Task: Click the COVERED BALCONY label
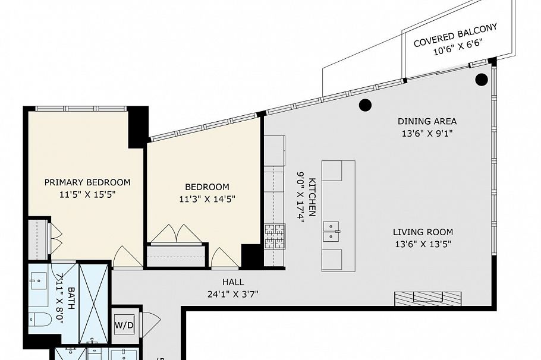pos(455,35)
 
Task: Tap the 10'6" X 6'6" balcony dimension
pos(456,48)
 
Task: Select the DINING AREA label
pos(427,122)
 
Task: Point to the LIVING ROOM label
pos(423,232)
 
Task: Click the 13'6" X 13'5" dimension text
pos(423,244)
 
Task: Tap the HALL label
pos(232,282)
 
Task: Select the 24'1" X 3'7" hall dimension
pos(232,293)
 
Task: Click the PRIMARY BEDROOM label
pos(87,182)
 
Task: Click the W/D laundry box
pos(124,325)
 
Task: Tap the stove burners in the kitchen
pos(274,235)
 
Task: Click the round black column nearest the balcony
pos(480,80)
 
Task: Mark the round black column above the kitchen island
pos(365,105)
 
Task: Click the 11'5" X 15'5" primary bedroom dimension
pos(87,194)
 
